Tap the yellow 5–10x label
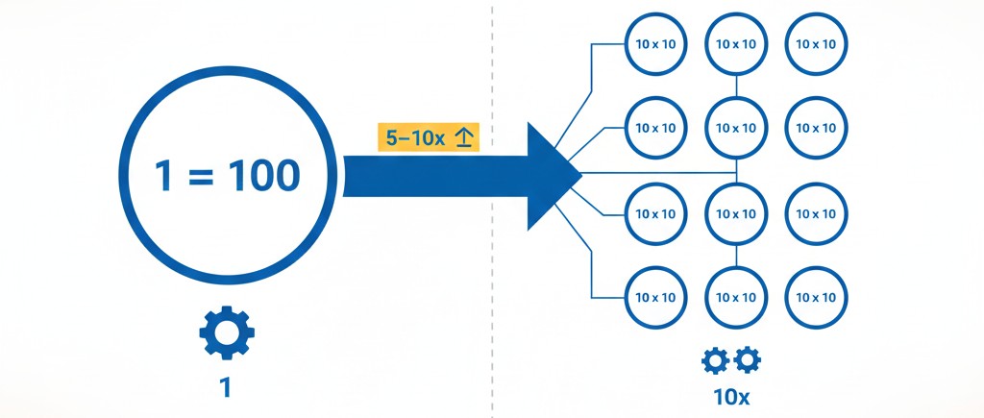429,138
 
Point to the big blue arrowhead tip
578,176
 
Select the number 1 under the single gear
227,387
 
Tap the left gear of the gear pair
716,360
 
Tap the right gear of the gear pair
748,360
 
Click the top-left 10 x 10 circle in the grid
656,44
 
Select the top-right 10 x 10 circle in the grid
817,44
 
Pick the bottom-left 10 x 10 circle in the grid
656,294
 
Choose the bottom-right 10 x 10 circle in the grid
817,294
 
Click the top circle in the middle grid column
736,44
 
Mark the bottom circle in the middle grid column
736,294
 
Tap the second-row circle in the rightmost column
817,127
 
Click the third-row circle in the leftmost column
656,211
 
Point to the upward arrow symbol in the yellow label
463,138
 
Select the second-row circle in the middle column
736,127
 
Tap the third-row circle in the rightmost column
817,211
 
